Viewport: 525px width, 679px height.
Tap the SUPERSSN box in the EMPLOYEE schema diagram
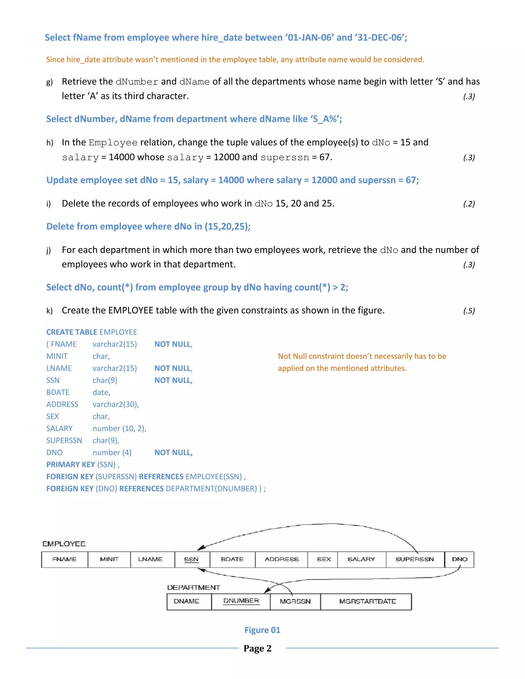click(x=415, y=559)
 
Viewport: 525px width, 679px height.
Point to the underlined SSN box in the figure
click(x=191, y=559)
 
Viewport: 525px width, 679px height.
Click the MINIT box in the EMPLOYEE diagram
click(x=109, y=559)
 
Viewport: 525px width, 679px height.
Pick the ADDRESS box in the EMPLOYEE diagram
click(x=281, y=559)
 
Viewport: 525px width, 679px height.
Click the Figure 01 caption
click(x=262, y=630)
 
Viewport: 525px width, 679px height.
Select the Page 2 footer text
click(x=258, y=648)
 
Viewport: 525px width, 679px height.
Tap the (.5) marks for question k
click(x=469, y=311)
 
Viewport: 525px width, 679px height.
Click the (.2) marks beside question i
click(x=469, y=204)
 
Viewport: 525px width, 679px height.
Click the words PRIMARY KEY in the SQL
click(x=70, y=465)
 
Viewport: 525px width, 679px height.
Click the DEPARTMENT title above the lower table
click(x=194, y=588)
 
